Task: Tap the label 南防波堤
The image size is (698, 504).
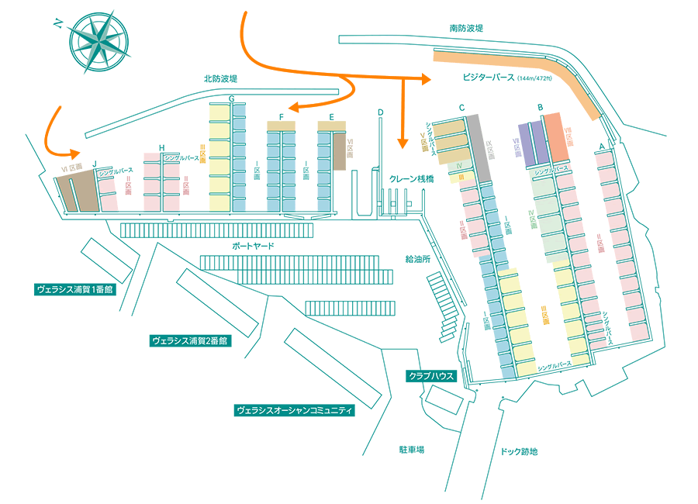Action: point(466,28)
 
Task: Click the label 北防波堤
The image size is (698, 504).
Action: point(220,78)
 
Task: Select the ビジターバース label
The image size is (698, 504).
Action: point(489,78)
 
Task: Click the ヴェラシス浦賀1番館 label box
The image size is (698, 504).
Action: point(74,289)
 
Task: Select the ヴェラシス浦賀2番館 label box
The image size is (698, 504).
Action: point(190,340)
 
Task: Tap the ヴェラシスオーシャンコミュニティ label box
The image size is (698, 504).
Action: point(294,410)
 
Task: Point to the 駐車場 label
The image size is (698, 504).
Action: point(410,450)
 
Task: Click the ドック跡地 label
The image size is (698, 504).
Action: point(519,451)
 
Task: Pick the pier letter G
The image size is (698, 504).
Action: point(231,98)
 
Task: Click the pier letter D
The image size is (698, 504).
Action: point(380,112)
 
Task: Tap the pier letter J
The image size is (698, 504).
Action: point(94,164)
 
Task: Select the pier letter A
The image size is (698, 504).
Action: point(601,147)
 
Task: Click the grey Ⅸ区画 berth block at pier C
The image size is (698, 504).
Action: point(478,147)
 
